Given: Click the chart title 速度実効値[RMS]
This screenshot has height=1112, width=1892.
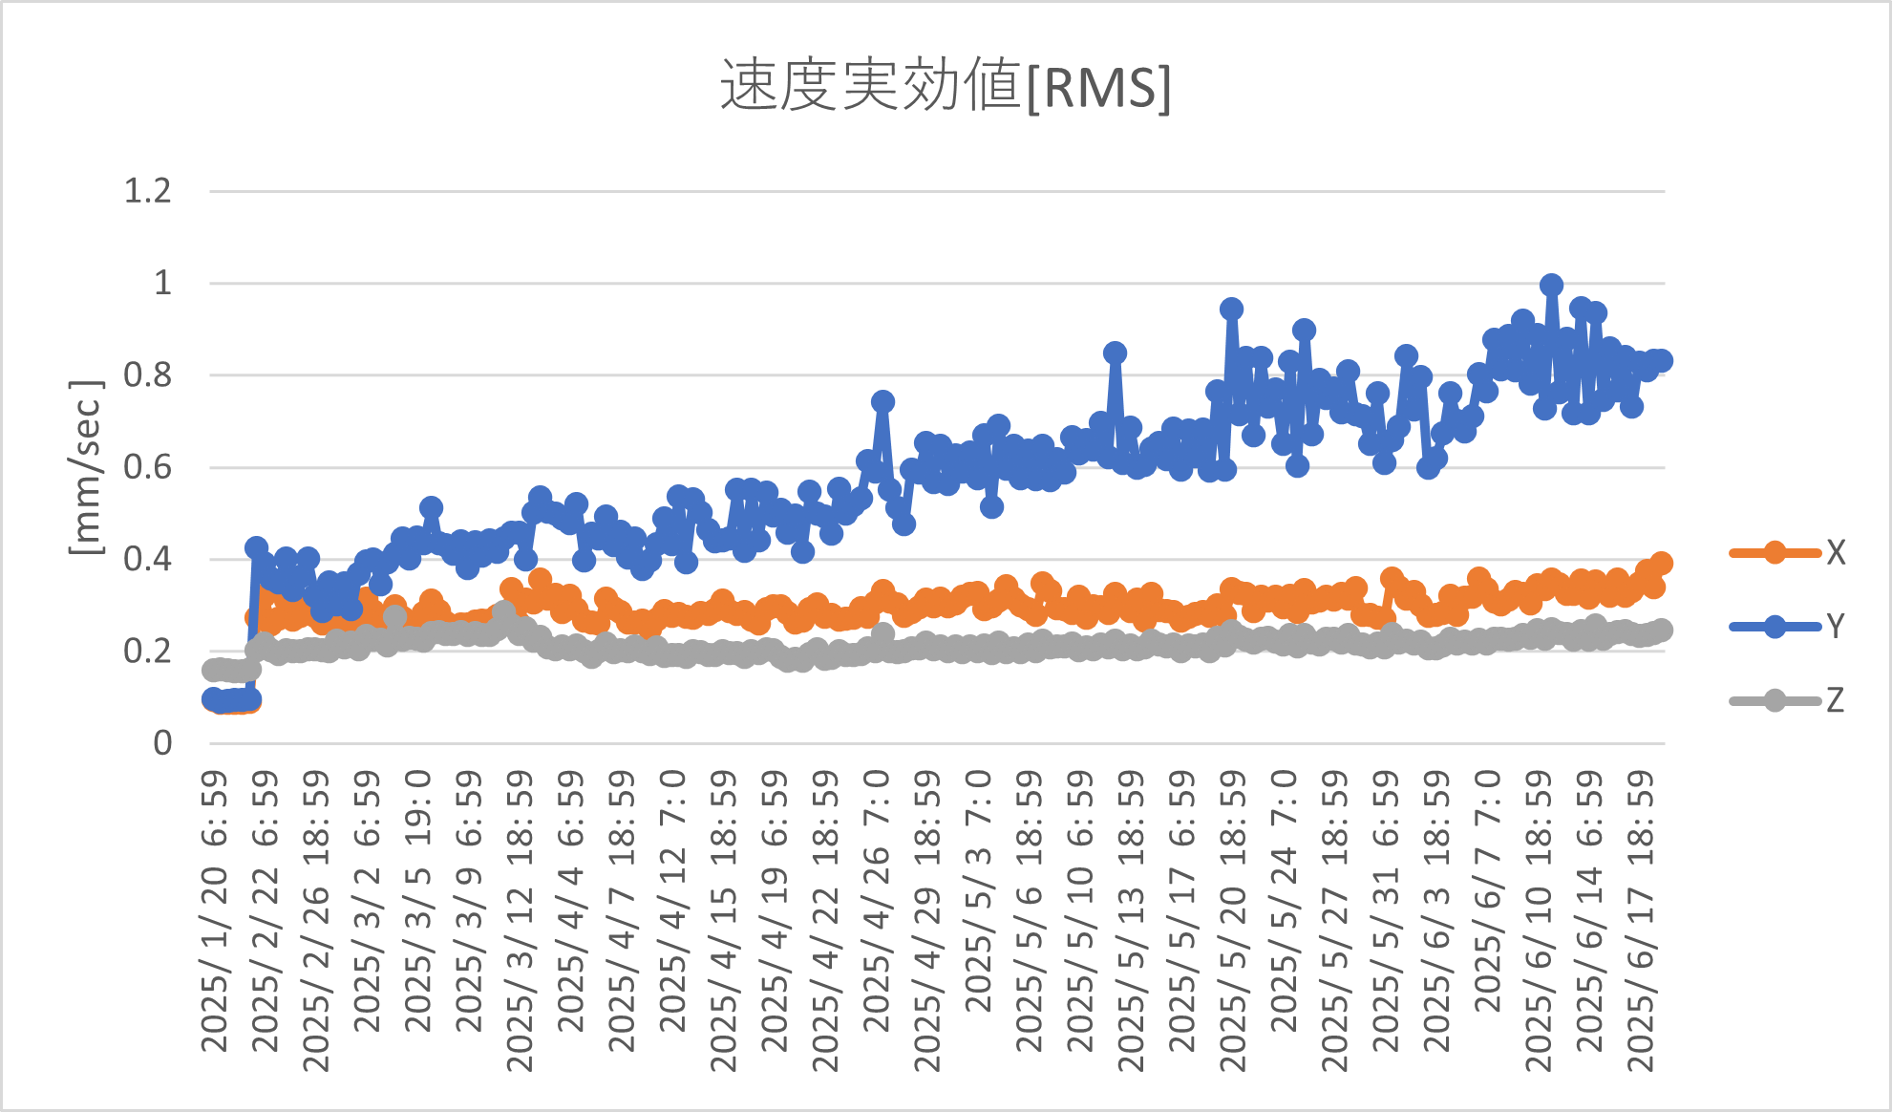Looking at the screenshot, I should tap(945, 86).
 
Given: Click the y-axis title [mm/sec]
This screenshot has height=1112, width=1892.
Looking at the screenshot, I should tap(86, 467).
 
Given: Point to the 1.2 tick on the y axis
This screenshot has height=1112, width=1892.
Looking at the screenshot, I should tap(148, 191).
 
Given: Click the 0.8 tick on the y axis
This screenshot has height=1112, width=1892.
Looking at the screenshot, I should tap(148, 374).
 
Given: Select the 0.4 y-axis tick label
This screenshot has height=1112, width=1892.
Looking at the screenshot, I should tap(148, 559).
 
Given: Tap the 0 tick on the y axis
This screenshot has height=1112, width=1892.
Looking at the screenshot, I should tap(162, 742).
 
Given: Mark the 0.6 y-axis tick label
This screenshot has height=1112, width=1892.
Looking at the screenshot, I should tap(148, 467).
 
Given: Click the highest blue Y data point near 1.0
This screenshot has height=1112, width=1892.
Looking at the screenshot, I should tap(1551, 285).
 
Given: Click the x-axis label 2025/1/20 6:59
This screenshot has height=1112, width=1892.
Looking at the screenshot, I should tap(215, 912).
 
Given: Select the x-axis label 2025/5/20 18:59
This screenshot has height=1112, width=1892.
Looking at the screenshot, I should tap(1232, 922).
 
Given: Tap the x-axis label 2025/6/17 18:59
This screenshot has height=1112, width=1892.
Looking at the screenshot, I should tap(1640, 922).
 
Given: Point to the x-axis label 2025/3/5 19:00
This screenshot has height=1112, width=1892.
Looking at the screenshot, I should tap(418, 903).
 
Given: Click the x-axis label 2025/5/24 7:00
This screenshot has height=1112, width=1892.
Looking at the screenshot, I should tap(1284, 903).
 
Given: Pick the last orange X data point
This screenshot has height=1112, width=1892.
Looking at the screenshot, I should tap(1661, 563).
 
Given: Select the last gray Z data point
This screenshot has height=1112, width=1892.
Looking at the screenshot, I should tap(1662, 630).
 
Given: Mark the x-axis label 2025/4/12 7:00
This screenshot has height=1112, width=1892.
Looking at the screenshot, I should tap(672, 903).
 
